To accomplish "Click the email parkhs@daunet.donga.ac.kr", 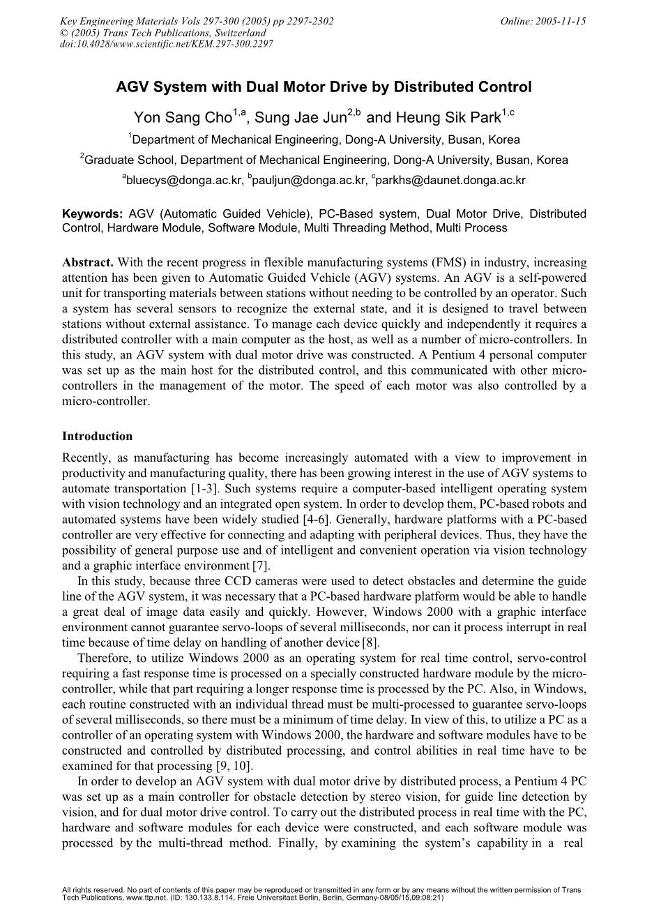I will pos(450,181).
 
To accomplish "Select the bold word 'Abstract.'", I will pos(89,263).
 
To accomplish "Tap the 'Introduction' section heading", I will pos(97,437).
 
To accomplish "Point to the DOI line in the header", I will pos(167,43).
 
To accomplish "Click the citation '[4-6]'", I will pos(381,519).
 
